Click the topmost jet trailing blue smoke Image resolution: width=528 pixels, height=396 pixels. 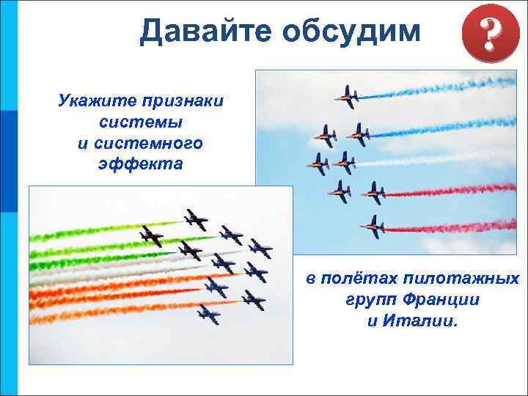(x=346, y=96)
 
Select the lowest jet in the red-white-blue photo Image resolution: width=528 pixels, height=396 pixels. (x=374, y=227)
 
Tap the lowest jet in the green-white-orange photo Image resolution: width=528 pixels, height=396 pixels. (x=208, y=314)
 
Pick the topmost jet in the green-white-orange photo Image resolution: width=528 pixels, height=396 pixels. (x=197, y=219)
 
